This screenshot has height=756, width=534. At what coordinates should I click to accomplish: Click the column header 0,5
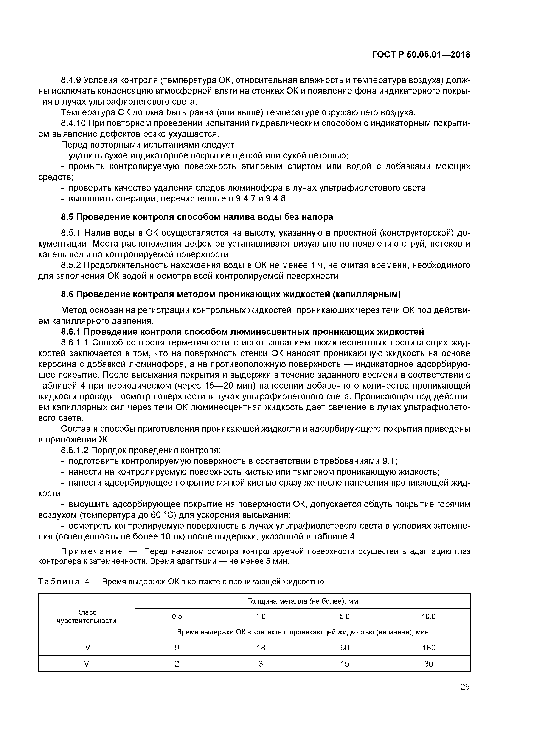click(177, 616)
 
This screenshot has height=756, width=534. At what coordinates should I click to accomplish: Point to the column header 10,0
click(428, 616)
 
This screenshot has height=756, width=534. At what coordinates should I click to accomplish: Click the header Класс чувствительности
click(87, 616)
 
